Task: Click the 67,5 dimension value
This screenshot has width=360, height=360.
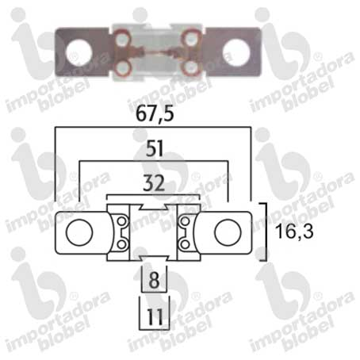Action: point(155,114)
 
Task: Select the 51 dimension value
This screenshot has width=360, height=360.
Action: point(155,148)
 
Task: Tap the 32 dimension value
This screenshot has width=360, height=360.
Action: point(154,183)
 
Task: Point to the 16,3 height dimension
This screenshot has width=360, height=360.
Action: point(294,232)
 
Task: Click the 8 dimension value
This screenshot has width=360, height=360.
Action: point(154,280)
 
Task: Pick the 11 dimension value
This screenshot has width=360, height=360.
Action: point(155,316)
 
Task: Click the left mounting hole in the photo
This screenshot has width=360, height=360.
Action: point(79,53)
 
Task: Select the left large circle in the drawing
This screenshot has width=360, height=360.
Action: point(79,232)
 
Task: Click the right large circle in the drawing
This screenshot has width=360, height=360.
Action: point(228,232)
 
